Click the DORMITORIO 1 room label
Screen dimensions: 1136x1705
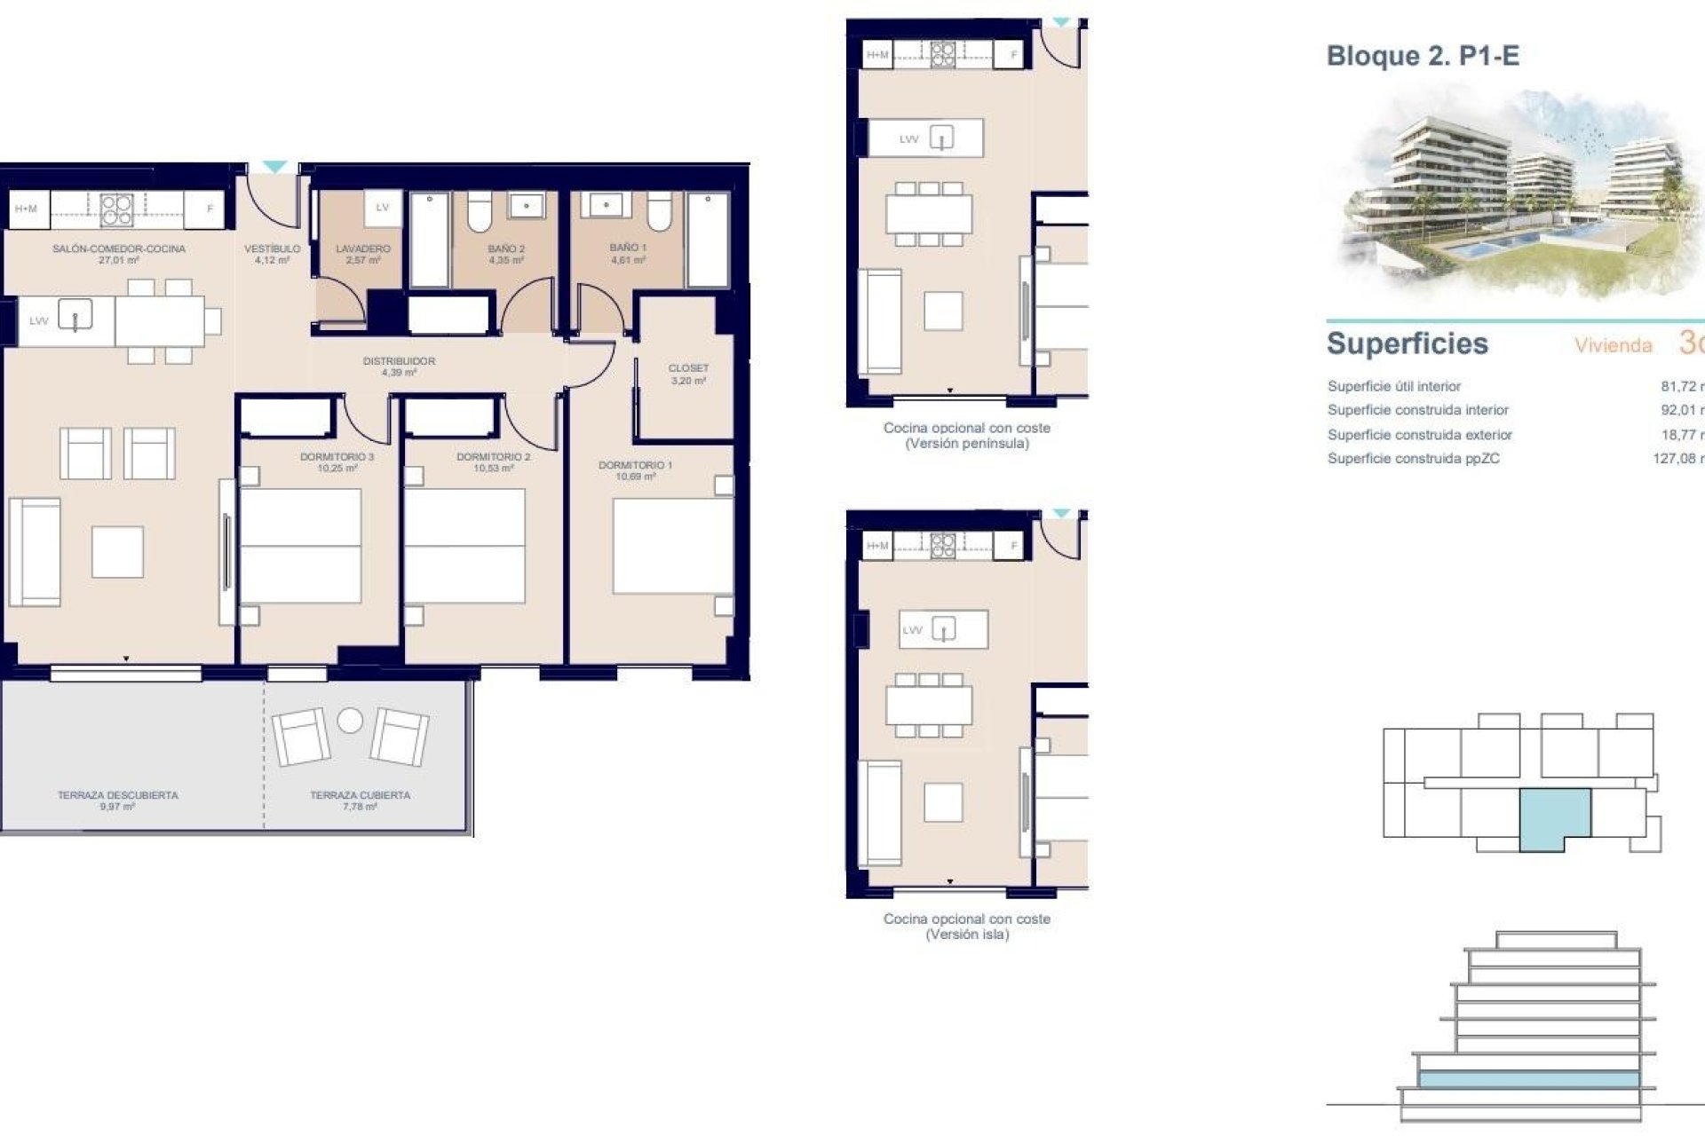[635, 465]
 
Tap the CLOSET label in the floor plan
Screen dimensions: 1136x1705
[688, 368]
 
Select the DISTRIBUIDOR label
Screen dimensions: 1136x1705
[399, 361]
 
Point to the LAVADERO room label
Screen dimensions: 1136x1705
[362, 249]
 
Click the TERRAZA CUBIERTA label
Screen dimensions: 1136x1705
[360, 795]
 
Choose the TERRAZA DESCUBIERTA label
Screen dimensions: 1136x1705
[117, 795]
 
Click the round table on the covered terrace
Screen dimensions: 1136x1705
[350, 721]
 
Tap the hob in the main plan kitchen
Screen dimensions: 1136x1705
[116, 209]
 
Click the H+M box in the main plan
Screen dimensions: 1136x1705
[27, 209]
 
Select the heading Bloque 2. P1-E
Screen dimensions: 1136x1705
[1423, 56]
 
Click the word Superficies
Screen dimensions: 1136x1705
[1407, 343]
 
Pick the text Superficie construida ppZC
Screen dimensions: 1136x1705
[1413, 459]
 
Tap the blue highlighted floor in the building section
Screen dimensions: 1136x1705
[1527, 1079]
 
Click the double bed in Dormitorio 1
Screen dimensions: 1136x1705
[672, 546]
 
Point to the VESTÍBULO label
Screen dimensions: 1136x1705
[272, 249]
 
